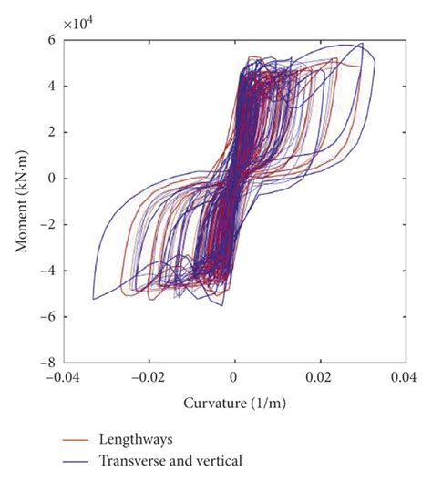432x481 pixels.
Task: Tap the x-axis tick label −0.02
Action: coord(149,374)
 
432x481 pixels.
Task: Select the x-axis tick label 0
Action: coord(234,374)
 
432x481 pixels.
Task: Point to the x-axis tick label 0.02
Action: coord(318,374)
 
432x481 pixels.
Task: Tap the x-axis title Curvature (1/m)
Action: coord(233,401)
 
